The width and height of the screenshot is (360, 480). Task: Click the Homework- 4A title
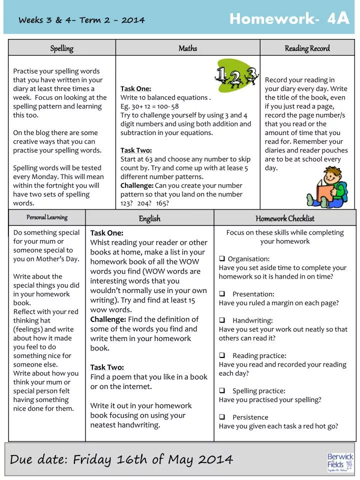point(289,19)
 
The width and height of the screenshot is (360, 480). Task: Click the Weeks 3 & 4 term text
point(81,20)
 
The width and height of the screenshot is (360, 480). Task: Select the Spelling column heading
point(61,48)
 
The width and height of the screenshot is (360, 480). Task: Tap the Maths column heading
point(187,48)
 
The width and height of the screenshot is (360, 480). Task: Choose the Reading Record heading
point(307,48)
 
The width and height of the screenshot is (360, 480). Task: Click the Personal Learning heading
point(47,217)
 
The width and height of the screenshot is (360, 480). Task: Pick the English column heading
point(149,218)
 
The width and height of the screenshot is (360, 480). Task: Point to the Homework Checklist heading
point(285,218)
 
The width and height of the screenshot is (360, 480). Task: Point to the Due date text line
point(121,459)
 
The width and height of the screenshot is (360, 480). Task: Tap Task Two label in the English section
point(107,367)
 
